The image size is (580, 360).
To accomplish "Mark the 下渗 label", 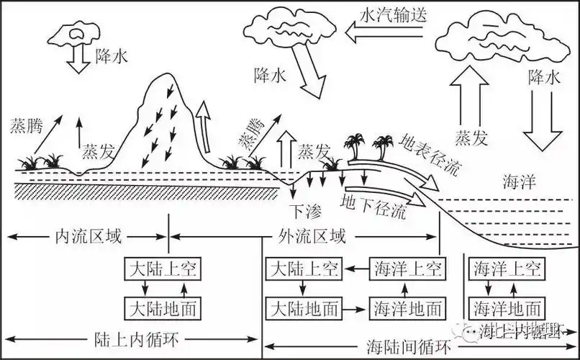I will pyautogui.click(x=303, y=211).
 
